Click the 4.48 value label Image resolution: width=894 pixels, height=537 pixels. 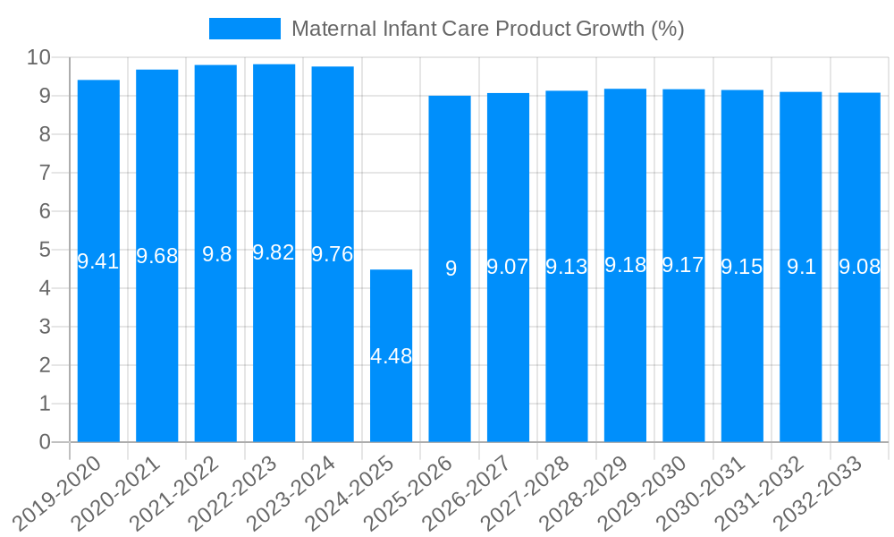[x=392, y=356]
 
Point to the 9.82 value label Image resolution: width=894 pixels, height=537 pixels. [x=274, y=253]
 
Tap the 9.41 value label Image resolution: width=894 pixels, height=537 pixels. [x=98, y=261]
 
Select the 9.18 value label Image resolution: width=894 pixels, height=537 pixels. [x=625, y=265]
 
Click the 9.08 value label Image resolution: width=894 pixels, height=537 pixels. [x=859, y=267]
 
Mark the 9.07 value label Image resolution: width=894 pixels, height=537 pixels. [x=508, y=267]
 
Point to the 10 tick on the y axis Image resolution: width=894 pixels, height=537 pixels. [x=38, y=58]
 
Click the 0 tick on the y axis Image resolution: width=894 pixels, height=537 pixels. [x=45, y=442]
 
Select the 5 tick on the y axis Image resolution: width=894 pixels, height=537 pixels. [x=45, y=250]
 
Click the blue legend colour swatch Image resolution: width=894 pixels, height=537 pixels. [x=244, y=29]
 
